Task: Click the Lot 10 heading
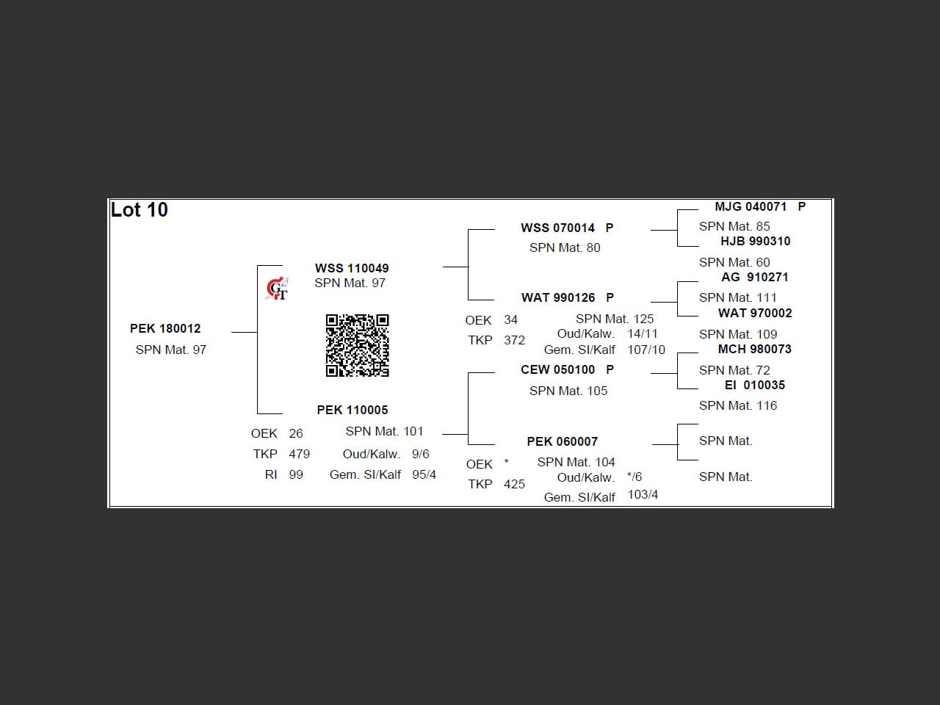[140, 210]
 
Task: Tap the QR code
[357, 345]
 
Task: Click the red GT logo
[277, 289]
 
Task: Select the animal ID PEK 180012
[165, 328]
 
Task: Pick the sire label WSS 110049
[352, 268]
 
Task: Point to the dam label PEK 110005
[352, 410]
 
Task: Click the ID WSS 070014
[557, 228]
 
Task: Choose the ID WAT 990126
[558, 297]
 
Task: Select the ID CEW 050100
[557, 369]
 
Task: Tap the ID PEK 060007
[563, 441]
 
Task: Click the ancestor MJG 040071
[751, 207]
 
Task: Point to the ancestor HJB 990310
[756, 241]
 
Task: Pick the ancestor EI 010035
[754, 385]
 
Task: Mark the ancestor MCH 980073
[754, 349]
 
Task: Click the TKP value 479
[300, 454]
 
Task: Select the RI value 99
[296, 474]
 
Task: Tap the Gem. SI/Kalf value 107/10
[646, 350]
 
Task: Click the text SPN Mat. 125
[615, 319]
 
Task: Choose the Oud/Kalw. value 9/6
[421, 454]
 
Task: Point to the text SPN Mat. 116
[738, 405]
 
